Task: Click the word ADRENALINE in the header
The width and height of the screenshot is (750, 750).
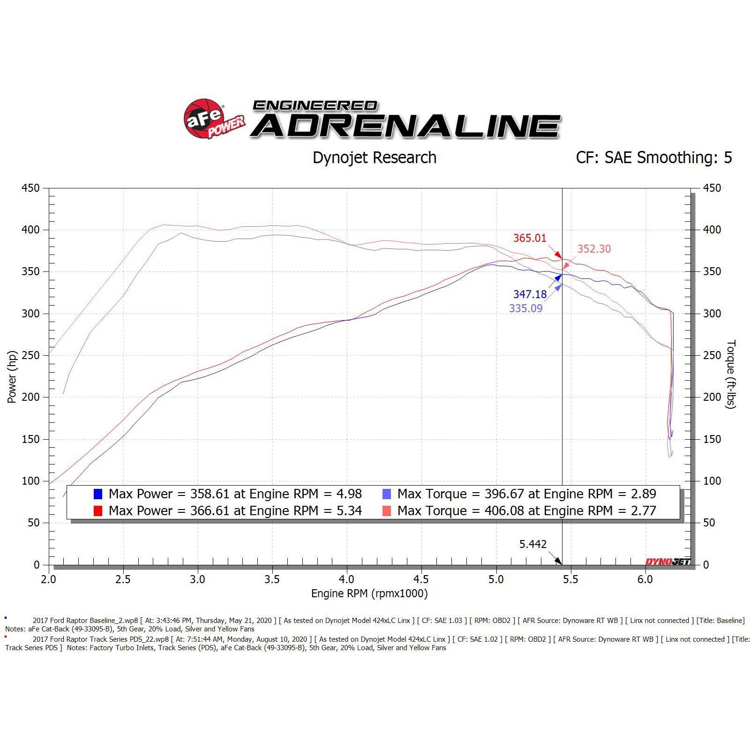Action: pos(406,127)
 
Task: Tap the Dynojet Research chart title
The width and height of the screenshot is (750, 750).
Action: pos(374,157)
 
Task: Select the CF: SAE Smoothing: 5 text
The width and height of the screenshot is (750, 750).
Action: pos(653,157)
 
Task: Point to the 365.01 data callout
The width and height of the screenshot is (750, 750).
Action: pos(530,238)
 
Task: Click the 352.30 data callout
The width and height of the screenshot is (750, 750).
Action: pos(594,249)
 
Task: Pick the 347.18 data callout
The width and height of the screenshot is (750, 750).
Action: pos(530,294)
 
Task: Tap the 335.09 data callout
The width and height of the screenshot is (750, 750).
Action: pos(525,308)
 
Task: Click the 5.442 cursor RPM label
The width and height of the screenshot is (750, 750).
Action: pos(533,544)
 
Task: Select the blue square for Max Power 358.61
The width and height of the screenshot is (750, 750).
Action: pos(98,494)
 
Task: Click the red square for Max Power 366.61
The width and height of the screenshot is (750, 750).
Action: pos(98,511)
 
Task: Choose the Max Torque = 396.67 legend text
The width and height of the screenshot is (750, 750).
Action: pos(526,494)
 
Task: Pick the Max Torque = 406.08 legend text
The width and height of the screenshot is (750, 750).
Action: pos(526,511)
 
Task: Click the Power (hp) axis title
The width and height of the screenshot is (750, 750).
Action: pos(12,377)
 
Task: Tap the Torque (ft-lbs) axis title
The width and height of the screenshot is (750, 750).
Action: pos(731,374)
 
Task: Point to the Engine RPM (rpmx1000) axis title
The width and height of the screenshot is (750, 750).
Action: pos(369,593)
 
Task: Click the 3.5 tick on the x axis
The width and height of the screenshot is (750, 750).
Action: pos(272,579)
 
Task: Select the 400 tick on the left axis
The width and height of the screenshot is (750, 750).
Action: pos(30,230)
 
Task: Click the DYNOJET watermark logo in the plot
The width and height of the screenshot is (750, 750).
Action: pos(667,562)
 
